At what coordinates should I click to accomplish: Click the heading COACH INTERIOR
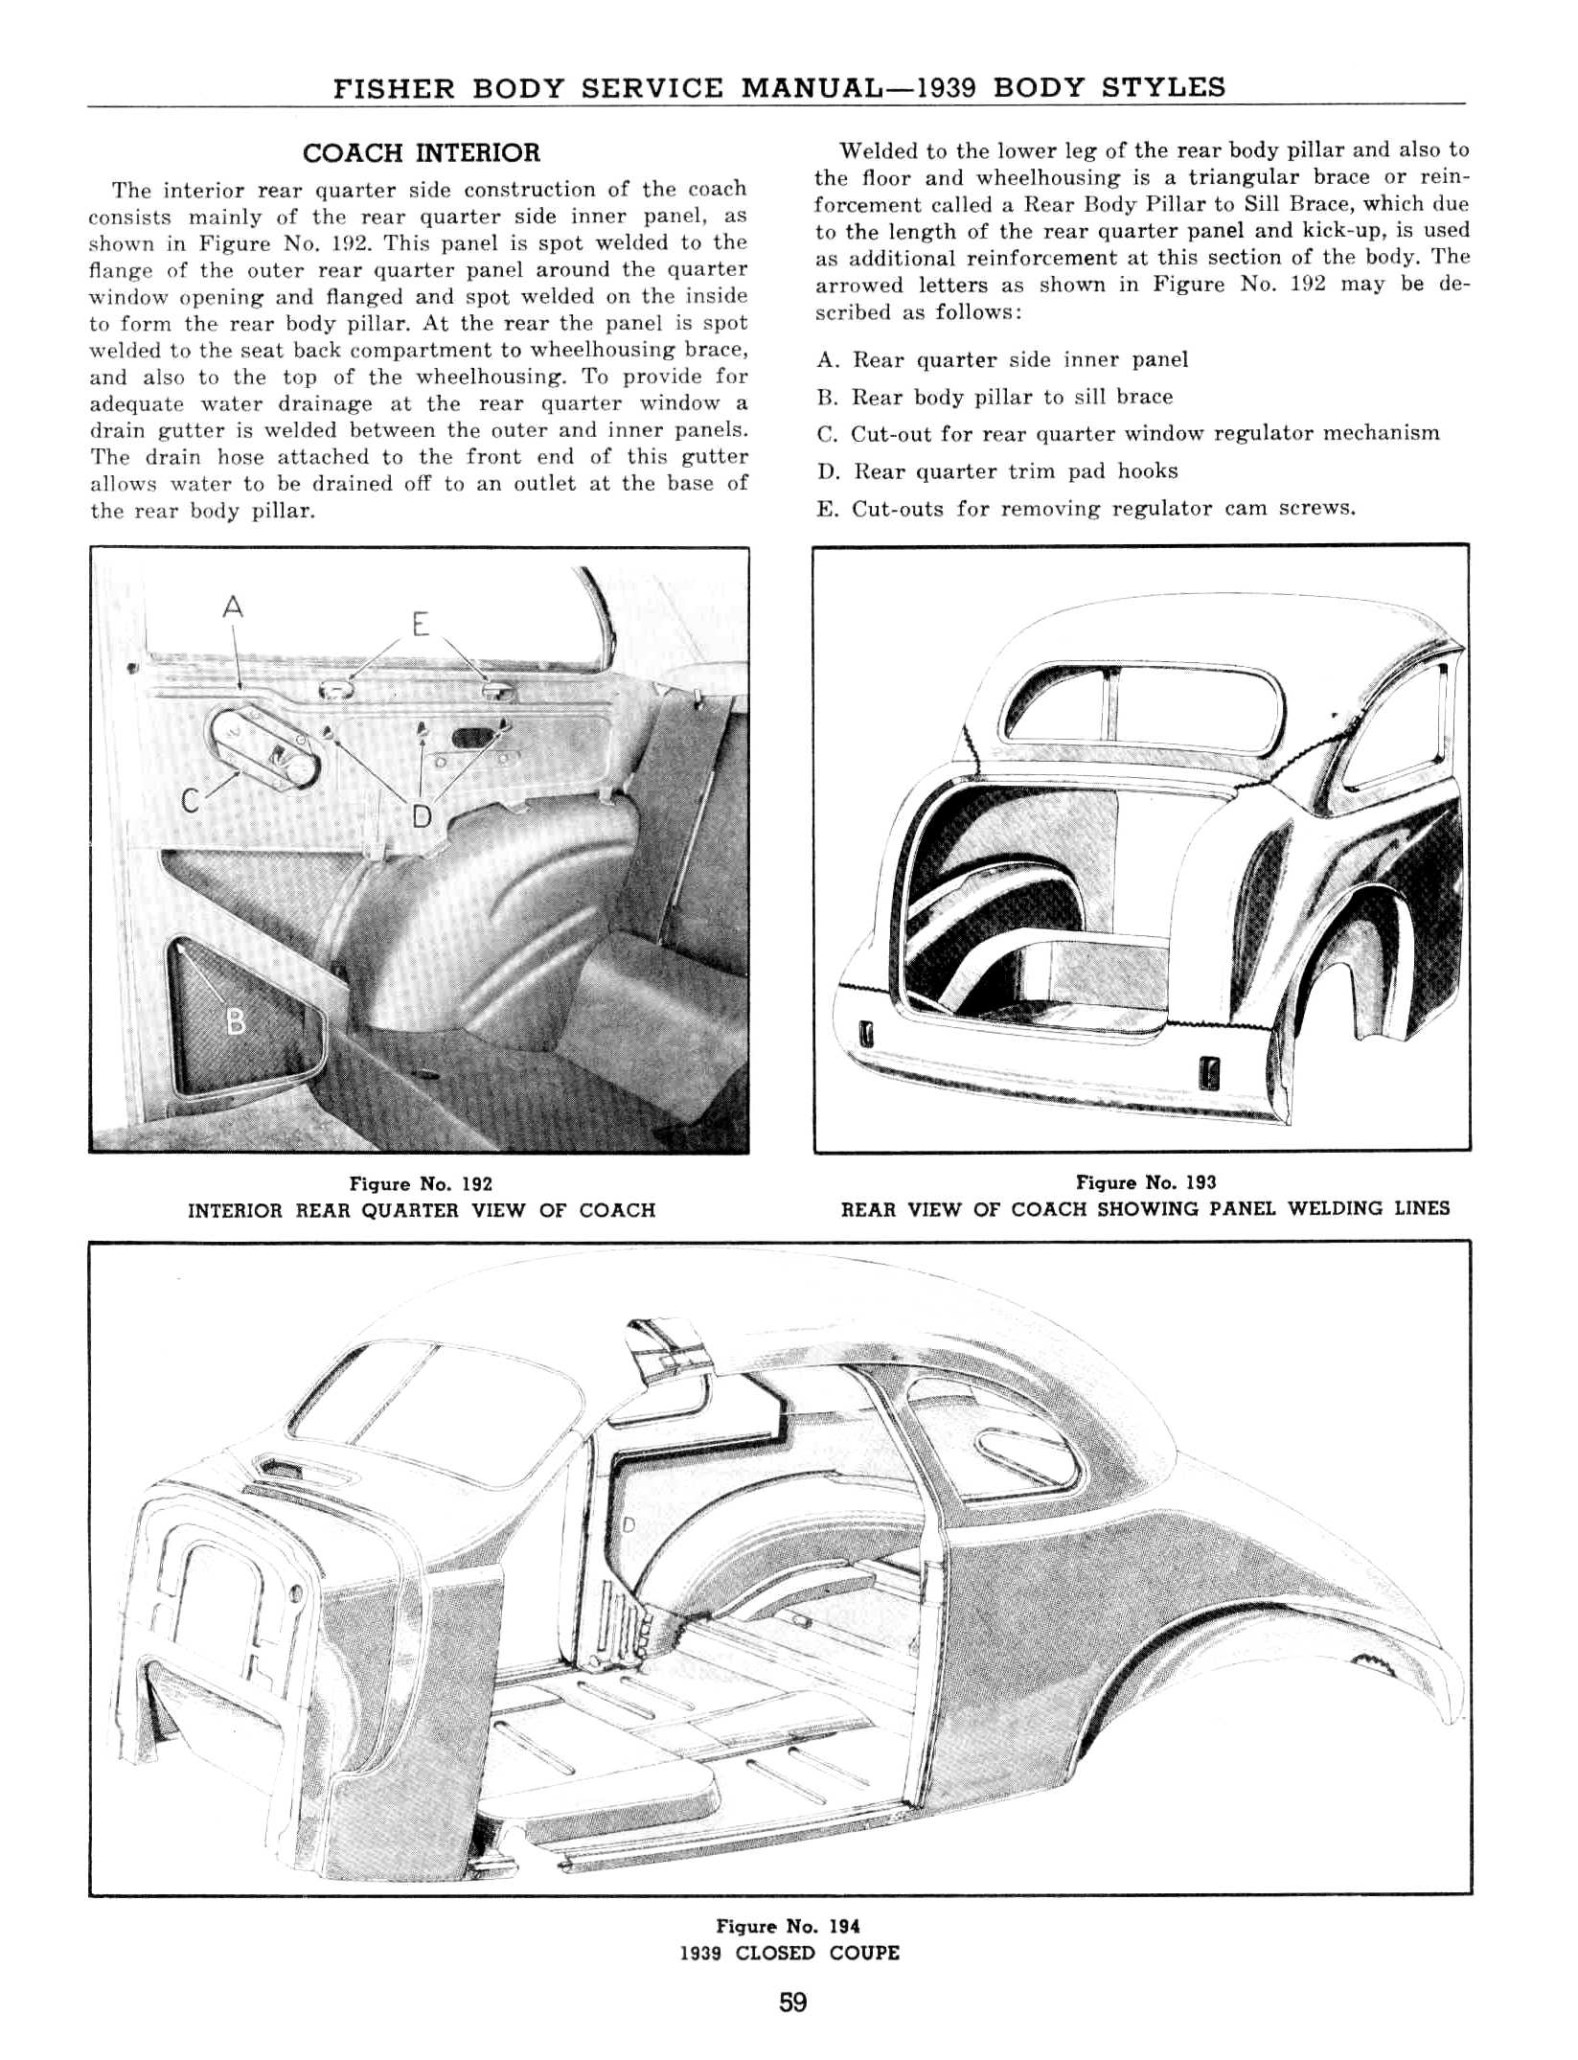tap(421, 153)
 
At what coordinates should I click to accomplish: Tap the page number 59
tap(792, 2003)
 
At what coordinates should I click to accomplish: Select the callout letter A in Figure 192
tap(233, 607)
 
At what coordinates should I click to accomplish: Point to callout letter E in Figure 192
tap(419, 624)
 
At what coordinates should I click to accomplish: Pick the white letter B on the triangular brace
tap(234, 1023)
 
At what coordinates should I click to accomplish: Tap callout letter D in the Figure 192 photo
tap(422, 815)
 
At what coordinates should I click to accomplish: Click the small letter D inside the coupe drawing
tap(629, 1524)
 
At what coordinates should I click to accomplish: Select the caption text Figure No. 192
tap(421, 1184)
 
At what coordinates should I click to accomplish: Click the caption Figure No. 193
tap(1146, 1182)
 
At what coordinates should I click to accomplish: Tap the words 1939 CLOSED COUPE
tap(789, 1953)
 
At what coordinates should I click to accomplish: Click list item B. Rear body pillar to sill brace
tap(995, 397)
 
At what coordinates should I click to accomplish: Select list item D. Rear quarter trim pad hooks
tap(997, 471)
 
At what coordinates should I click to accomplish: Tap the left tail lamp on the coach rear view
tap(869, 1035)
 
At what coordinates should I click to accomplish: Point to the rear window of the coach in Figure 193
tap(1140, 707)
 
